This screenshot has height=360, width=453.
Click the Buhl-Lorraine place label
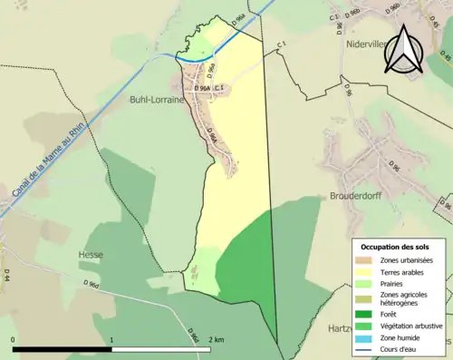click(x=156, y=100)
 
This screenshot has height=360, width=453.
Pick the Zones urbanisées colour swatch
click(x=366, y=260)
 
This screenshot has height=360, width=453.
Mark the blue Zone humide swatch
click(x=366, y=339)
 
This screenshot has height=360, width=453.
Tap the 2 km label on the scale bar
click(x=216, y=339)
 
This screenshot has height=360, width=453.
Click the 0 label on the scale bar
click(x=14, y=339)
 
